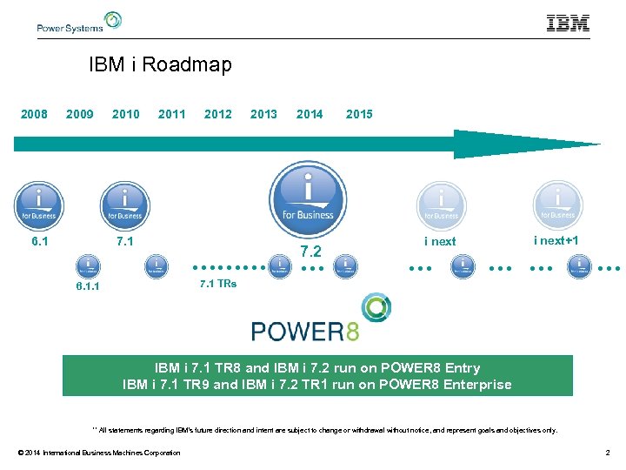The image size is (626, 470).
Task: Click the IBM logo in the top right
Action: click(x=568, y=23)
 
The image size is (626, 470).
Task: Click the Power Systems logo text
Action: click(x=70, y=27)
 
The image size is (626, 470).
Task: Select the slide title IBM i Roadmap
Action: click(x=160, y=65)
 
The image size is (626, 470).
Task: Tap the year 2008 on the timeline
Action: click(x=34, y=114)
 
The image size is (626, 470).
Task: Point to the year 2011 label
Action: click(x=171, y=114)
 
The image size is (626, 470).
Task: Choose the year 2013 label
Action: click(x=263, y=114)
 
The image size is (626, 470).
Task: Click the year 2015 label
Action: click(x=359, y=114)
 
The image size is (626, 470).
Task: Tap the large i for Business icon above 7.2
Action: click(x=307, y=198)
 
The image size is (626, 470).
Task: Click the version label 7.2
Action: click(x=310, y=252)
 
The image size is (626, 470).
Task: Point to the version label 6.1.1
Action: click(x=87, y=285)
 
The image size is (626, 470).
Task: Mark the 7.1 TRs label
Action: click(x=217, y=284)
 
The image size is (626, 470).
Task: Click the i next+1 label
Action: click(x=556, y=240)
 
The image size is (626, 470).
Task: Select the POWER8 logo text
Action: click(x=304, y=331)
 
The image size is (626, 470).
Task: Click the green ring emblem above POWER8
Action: click(x=376, y=308)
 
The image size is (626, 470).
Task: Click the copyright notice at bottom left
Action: click(x=99, y=453)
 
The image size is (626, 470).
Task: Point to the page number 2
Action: click(x=607, y=453)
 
